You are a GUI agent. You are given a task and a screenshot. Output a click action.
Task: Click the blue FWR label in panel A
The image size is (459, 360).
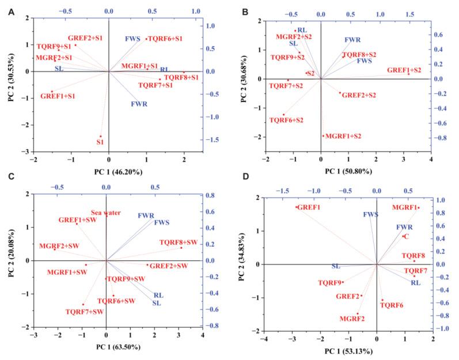(139, 104)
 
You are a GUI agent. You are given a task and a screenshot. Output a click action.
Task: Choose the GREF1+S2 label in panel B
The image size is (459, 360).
(405, 70)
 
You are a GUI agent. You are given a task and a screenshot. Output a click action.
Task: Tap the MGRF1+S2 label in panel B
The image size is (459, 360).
(343, 136)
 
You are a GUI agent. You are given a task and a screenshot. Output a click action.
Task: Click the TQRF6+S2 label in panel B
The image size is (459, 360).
(286, 120)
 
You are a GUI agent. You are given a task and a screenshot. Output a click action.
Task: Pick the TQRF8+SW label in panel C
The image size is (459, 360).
(179, 242)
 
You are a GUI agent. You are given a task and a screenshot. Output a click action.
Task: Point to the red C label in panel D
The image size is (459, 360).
(406, 236)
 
